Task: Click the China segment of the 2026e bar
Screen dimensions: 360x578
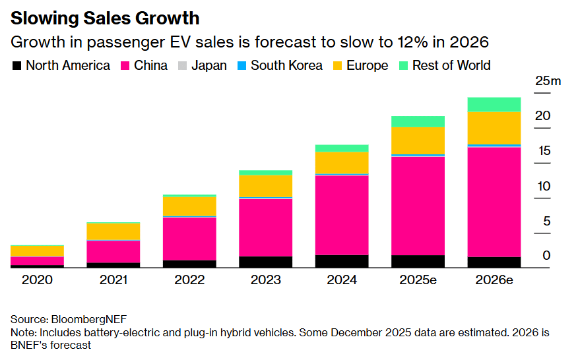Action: tap(494, 201)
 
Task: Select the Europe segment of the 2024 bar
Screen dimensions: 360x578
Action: tap(342, 163)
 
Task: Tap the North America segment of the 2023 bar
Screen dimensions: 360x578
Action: tap(266, 262)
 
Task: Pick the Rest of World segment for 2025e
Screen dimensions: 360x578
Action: tap(418, 121)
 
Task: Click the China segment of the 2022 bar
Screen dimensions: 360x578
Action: tap(189, 238)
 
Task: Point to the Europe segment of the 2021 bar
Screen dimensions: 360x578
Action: tap(113, 231)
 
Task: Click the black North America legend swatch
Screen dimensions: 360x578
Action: tap(17, 66)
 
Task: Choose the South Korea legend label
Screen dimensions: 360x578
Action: tap(286, 65)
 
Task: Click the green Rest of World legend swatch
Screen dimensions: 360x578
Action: tap(403, 66)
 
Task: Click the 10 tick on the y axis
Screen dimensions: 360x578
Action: tap(542, 187)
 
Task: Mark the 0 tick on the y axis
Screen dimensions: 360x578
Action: tap(546, 256)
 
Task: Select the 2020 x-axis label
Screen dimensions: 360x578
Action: tap(37, 280)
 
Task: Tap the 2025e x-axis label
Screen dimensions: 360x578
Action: tap(418, 280)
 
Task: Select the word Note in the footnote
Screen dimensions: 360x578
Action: tap(23, 332)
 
